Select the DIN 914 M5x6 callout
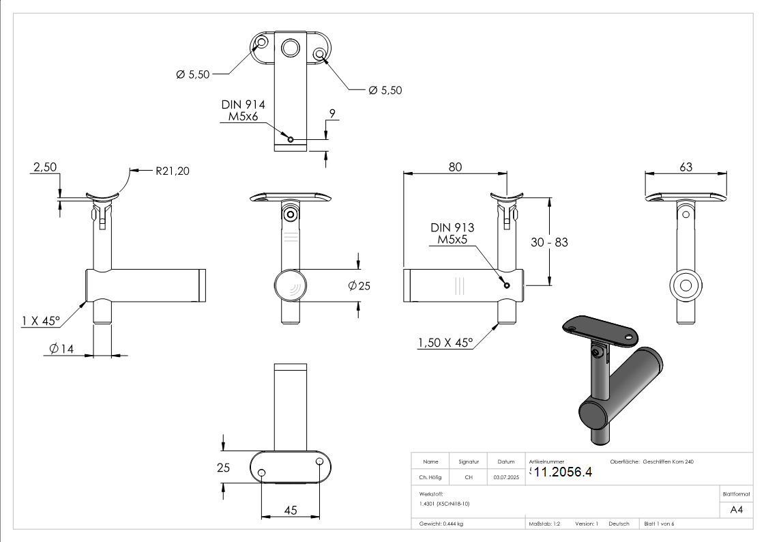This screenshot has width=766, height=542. (x=243, y=111)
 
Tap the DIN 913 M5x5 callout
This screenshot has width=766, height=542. (x=452, y=233)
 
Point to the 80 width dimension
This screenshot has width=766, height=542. (x=455, y=167)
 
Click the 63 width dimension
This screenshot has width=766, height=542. (x=686, y=167)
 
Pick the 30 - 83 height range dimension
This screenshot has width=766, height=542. (x=549, y=242)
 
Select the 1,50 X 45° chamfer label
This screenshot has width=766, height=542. (x=445, y=343)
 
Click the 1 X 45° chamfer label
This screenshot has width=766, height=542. (x=41, y=320)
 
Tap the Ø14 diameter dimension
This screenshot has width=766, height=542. (x=61, y=350)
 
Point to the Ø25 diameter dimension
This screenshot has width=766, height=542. (x=359, y=286)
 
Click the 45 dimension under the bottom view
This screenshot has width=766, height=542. (x=290, y=510)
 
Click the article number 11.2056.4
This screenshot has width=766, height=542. (x=563, y=472)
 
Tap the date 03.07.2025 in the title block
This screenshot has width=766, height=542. (x=505, y=478)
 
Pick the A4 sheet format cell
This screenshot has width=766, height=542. (x=737, y=509)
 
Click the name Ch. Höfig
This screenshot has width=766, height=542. (x=430, y=478)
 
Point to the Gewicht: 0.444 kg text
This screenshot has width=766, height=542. (x=441, y=524)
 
